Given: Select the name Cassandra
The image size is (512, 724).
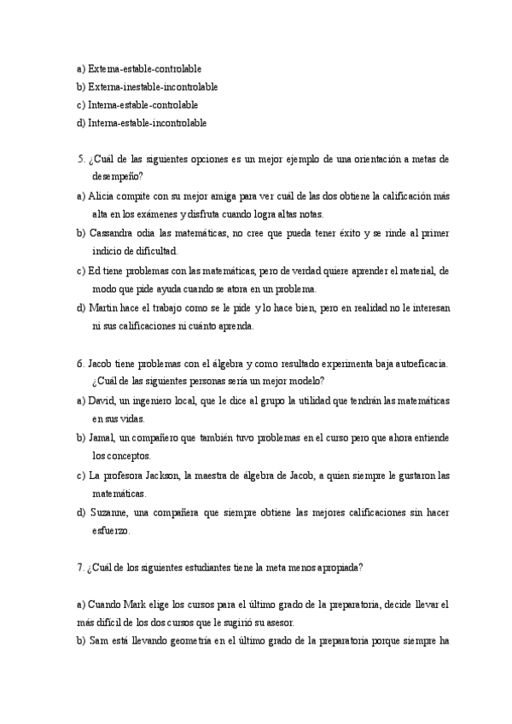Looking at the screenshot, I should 110,233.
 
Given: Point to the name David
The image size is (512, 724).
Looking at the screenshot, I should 102,400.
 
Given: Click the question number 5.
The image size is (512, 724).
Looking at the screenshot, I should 79,159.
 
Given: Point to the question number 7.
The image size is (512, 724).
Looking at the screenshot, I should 79,567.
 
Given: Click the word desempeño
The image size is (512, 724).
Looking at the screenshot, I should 117,177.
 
